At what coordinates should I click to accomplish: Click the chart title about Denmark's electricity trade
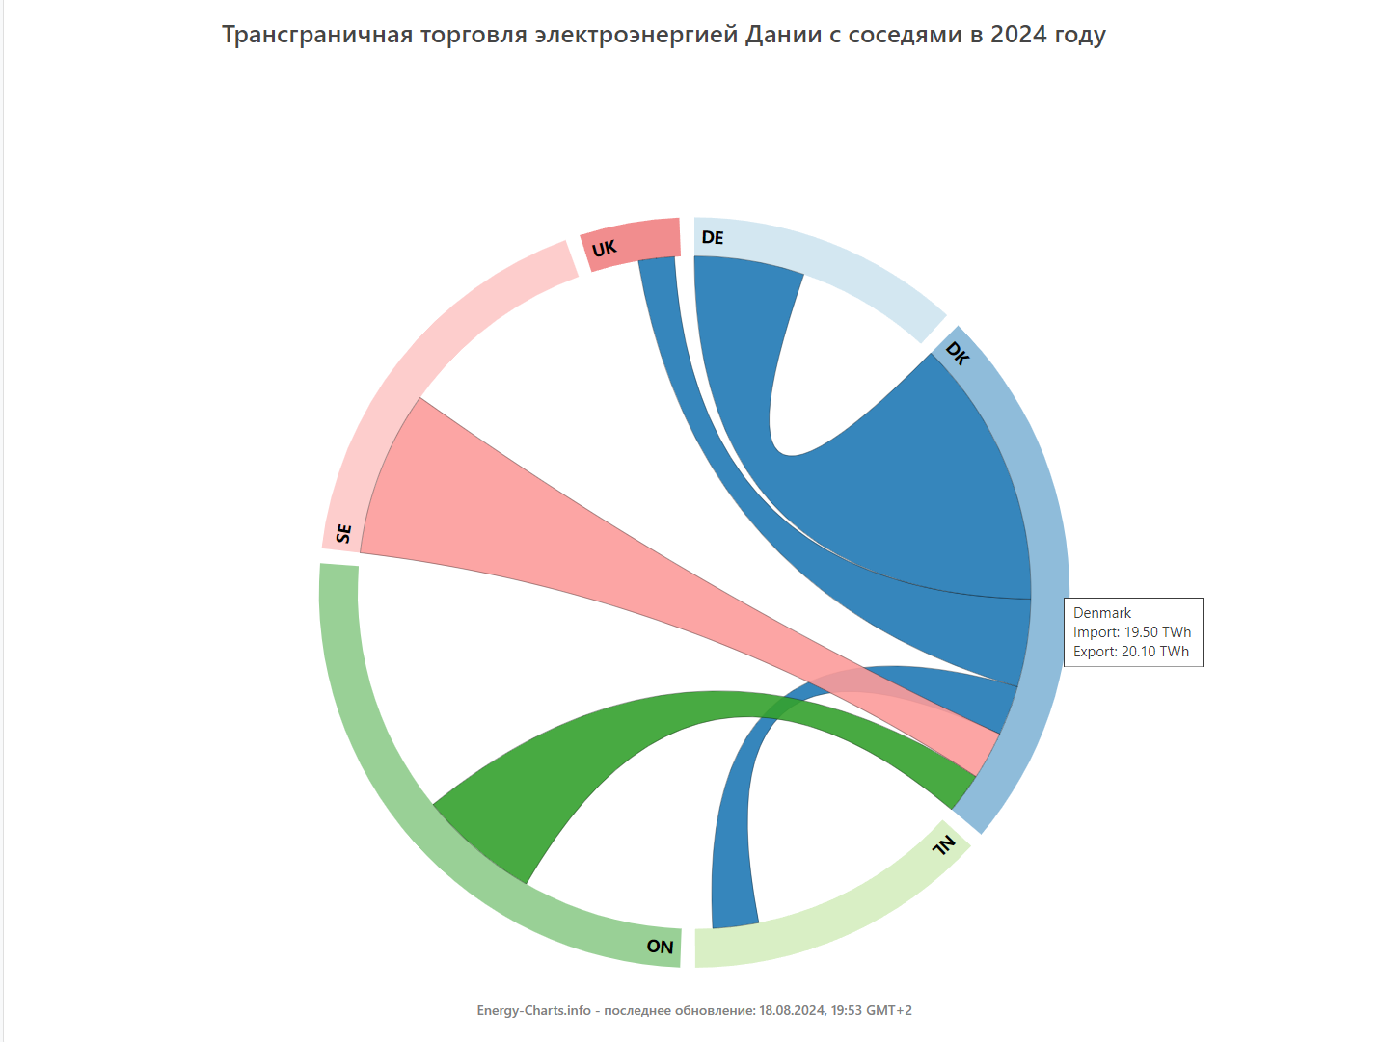(x=663, y=35)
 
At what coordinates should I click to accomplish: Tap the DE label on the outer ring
(x=713, y=238)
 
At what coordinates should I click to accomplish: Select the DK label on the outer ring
(x=957, y=354)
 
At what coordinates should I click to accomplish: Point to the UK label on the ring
(x=604, y=250)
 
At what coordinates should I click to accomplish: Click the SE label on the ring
(x=344, y=533)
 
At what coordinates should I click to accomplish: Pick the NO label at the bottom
(x=660, y=947)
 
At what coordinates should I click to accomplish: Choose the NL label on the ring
(x=944, y=845)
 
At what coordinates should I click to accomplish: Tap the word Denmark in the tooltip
(x=1102, y=613)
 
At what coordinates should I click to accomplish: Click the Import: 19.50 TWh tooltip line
(x=1132, y=632)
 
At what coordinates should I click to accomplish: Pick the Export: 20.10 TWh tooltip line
(x=1131, y=652)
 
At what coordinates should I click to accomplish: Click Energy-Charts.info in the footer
(x=533, y=1010)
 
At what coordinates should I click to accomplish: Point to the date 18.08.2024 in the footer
(x=792, y=1010)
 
